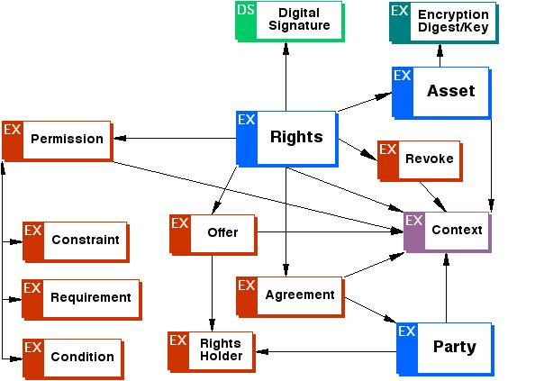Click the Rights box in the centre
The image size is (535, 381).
tap(287, 139)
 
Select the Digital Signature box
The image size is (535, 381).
tap(290, 22)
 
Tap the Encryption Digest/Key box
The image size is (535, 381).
tap(443, 23)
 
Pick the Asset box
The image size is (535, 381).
tap(441, 93)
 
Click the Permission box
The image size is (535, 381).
tap(58, 141)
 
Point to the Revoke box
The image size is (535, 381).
tap(420, 161)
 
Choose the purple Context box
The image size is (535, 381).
tap(448, 232)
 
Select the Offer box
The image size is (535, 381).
tap(213, 235)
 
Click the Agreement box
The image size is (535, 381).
tap(290, 296)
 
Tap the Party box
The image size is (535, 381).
tap(445, 349)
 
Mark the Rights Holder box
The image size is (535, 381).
tap(212, 351)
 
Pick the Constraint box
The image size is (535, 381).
tap(76, 242)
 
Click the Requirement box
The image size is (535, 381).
tap(82, 300)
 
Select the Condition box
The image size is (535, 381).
tap(73, 359)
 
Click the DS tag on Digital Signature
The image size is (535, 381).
tap(246, 10)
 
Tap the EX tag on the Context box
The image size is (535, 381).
tap(414, 221)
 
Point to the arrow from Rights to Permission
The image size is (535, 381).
tap(175, 138)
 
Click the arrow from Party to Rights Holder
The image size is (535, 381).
tap(326, 351)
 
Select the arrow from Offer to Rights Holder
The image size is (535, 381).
tap(212, 294)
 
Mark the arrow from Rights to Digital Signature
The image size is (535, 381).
tap(286, 77)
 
